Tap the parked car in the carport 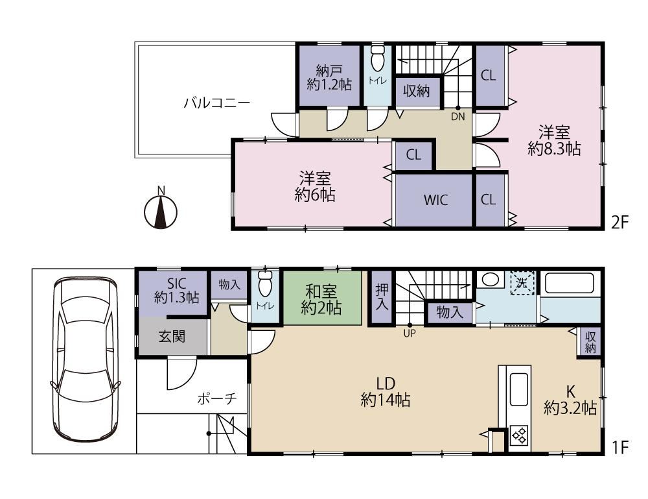[85, 359]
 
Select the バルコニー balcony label [216, 102]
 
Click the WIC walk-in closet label [435, 201]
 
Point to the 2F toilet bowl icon [377, 59]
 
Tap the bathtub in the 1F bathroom [570, 284]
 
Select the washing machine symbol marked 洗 [522, 283]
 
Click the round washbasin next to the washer [490, 280]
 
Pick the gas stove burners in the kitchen [519, 435]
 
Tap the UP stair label [410, 333]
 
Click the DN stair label [458, 117]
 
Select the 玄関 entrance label [172, 337]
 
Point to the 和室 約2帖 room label [321, 300]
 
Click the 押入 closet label [382, 297]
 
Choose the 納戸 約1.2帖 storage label [329, 77]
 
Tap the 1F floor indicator [619, 447]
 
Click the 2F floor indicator [619, 223]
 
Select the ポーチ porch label [217, 398]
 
